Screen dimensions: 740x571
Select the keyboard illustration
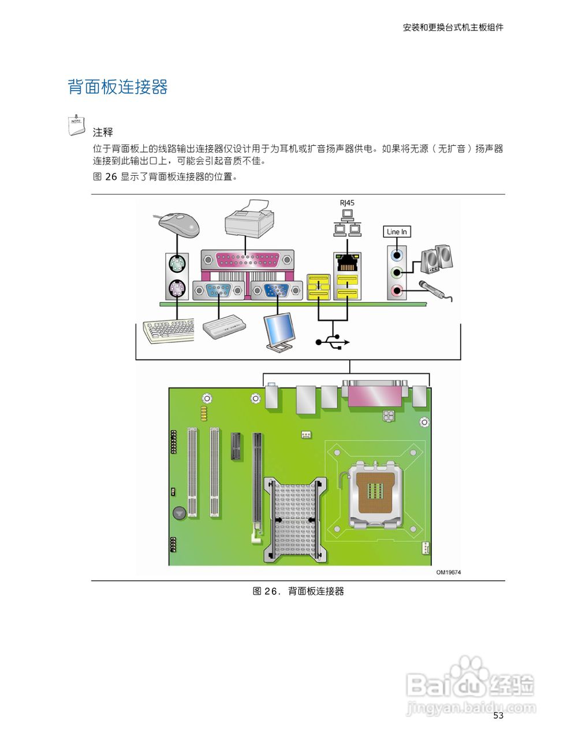169,331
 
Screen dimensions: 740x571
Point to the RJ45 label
347,203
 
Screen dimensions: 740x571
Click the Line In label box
397,232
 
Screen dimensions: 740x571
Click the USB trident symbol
333,342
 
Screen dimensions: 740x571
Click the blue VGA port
277,291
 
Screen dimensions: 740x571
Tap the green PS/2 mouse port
177,265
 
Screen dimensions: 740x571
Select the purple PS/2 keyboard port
177,288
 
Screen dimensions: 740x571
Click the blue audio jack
396,254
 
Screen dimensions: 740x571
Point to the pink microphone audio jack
396,291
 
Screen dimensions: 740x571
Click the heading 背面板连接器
118,87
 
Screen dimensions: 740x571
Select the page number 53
498,716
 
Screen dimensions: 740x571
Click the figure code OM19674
448,572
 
